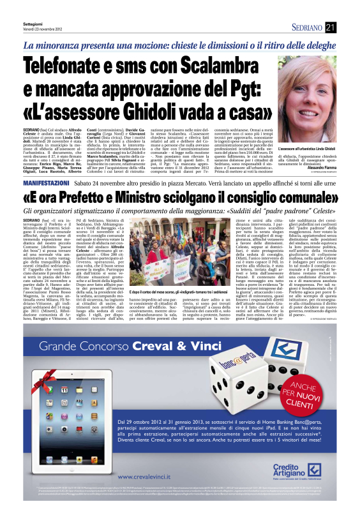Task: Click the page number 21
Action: [349, 27]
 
